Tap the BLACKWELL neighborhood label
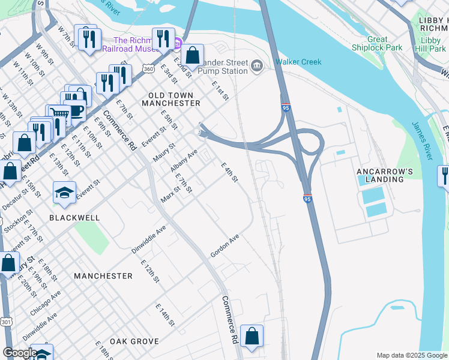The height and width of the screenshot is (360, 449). point(74,218)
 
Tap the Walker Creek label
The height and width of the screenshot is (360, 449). point(298,62)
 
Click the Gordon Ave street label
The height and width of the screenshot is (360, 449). point(225,246)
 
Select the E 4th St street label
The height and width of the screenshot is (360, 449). point(230,172)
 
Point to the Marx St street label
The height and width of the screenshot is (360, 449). point(170,193)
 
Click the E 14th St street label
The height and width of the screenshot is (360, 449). point(165,315)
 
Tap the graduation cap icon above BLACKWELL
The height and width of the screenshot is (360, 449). point(64,193)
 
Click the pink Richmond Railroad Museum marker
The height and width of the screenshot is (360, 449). point(178,44)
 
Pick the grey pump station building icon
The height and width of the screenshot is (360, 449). point(257,65)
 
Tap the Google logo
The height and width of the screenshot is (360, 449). point(19,353)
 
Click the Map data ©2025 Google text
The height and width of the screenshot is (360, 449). point(411,355)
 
